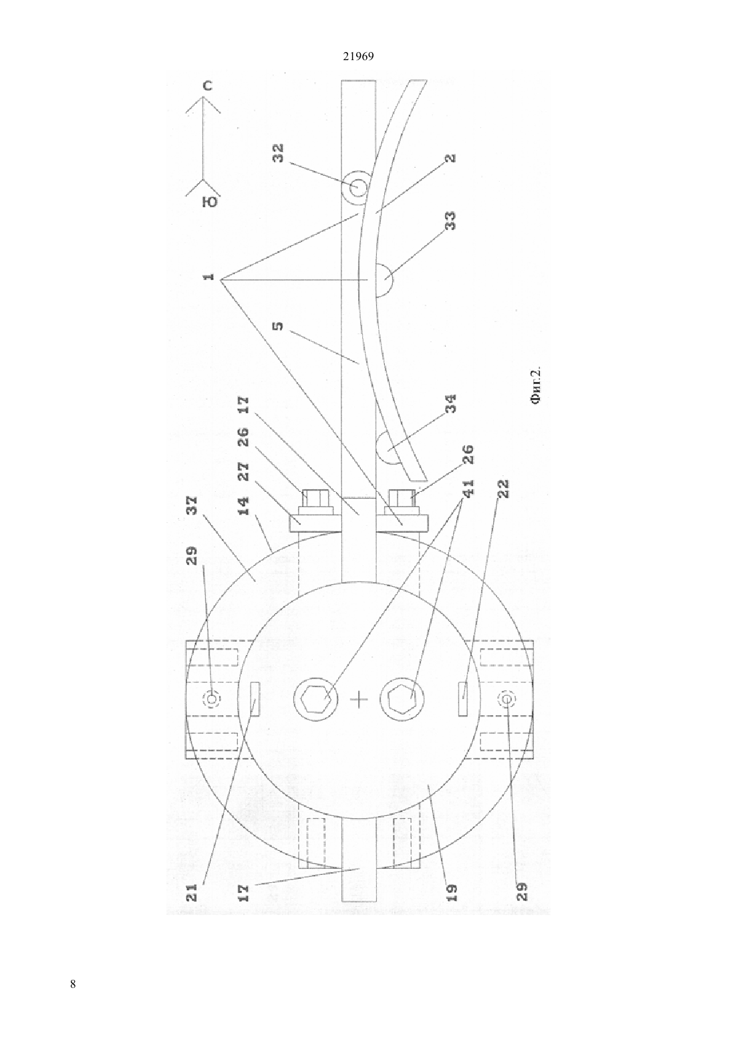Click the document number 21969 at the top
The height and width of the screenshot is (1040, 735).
358,57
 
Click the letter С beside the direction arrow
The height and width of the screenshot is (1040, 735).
207,86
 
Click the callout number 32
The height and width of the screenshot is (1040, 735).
279,154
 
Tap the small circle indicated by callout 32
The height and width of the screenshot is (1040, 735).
355,188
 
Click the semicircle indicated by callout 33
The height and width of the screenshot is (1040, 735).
384,280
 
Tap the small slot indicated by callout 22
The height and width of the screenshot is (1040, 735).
462,698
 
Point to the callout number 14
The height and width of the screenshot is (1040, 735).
243,505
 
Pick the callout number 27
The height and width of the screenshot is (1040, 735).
243,472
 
